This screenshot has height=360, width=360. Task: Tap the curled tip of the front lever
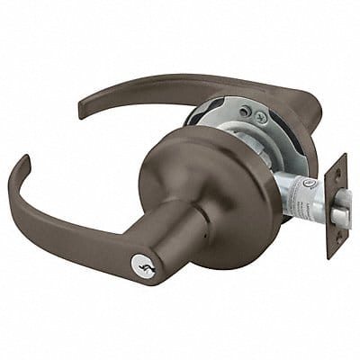click(x=21, y=168)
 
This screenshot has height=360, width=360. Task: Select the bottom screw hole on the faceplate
click(x=333, y=243)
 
